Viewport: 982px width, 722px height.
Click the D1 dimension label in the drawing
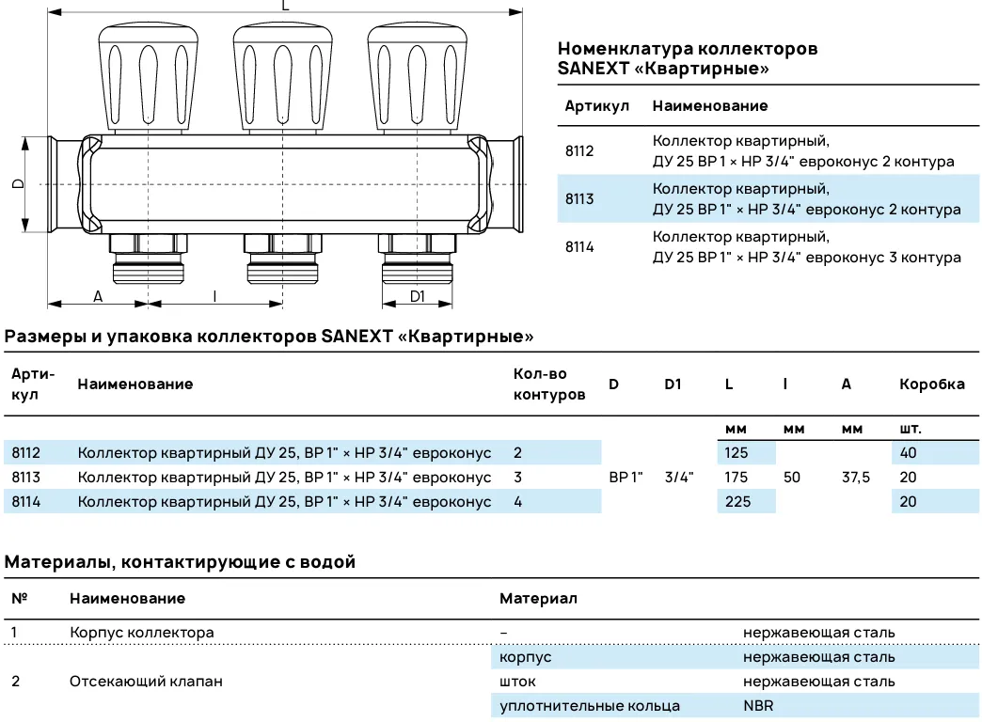418,296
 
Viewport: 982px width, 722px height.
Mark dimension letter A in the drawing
98,296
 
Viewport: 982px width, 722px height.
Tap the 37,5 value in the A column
856,478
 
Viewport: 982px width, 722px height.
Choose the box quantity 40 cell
908,453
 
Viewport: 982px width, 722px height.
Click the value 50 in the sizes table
792,478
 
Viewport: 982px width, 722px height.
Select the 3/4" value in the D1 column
678,478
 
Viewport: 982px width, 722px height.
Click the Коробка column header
931,385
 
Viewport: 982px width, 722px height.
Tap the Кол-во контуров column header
548,385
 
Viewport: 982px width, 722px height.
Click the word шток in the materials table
517,682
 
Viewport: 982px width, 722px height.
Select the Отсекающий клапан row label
146,682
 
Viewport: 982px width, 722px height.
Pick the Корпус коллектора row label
141,633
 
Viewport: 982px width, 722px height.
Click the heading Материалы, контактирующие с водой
181,563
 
